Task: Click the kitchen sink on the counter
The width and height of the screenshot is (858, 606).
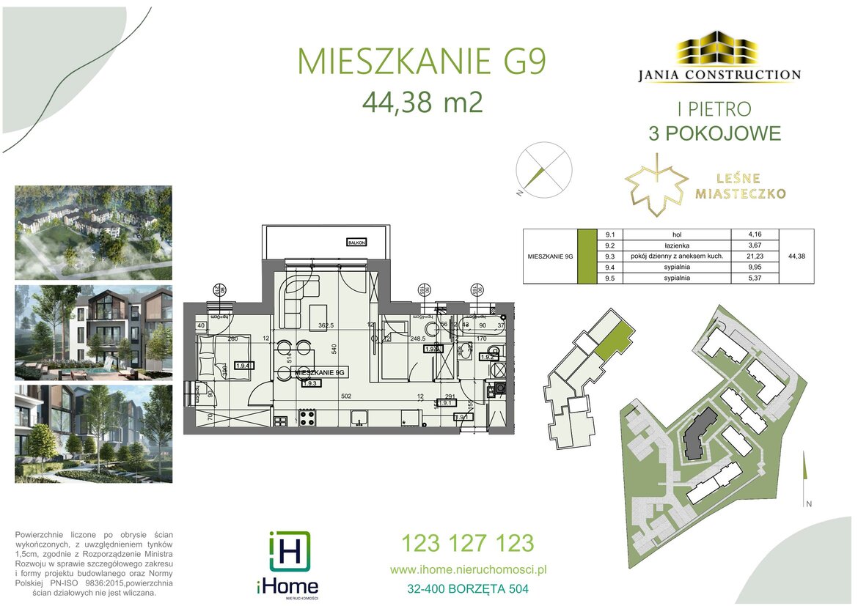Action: coord(359,418)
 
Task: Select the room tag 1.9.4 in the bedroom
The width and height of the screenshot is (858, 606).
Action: coord(243,364)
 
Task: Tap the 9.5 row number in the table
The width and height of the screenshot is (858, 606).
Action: coord(609,278)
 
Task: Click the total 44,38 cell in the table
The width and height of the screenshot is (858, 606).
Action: coord(795,256)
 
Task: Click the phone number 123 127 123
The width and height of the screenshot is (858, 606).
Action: coord(467,544)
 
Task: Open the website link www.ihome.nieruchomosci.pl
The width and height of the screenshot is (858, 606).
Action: coord(469,569)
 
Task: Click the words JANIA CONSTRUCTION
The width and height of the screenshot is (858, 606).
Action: coord(716,75)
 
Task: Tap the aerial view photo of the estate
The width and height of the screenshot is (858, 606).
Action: coord(94,232)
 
